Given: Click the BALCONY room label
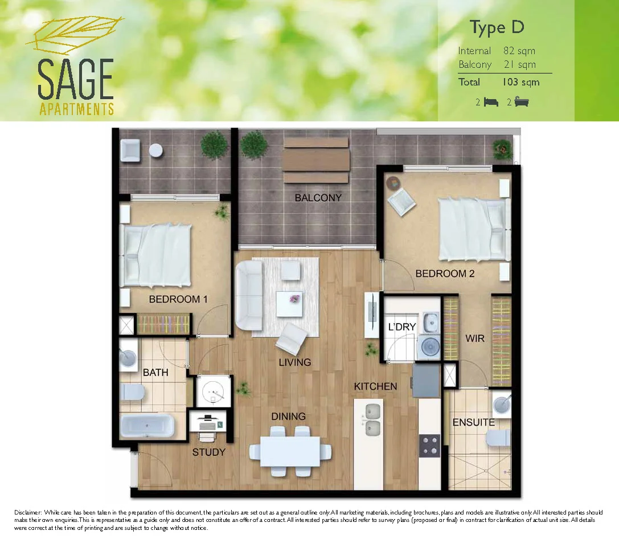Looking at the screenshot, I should tap(318, 198).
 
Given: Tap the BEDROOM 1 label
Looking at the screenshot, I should tap(174, 299).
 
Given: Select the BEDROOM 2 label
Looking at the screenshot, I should tap(445, 273).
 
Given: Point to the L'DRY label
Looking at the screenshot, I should tap(402, 327).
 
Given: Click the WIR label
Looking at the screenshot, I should tap(474, 338).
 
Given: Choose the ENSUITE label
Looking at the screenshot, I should tap(473, 422).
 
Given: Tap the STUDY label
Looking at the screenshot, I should tap(208, 452).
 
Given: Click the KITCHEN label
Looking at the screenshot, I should tap(375, 386).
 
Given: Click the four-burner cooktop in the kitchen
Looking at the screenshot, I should tap(429, 446).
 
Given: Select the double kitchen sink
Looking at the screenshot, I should tap(374, 419).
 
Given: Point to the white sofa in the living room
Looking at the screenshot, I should tap(248, 295).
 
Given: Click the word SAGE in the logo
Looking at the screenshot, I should tap(76, 80).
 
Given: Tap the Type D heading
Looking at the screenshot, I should tap(497, 27).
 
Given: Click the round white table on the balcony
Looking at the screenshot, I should tap(155, 150).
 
